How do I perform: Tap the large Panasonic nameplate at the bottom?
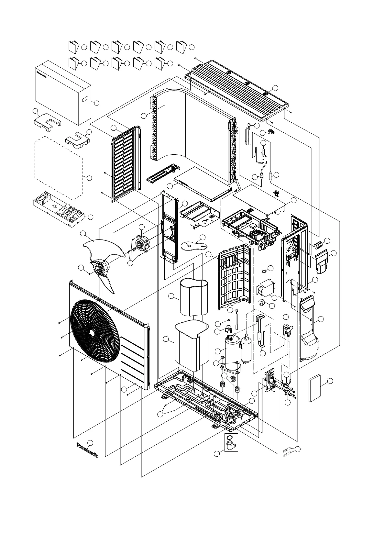point(88,450)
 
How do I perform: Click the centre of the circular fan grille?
point(93,332)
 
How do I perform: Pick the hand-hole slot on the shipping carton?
point(85,99)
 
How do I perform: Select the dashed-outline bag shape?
point(58,168)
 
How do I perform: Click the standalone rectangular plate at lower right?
point(314,388)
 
